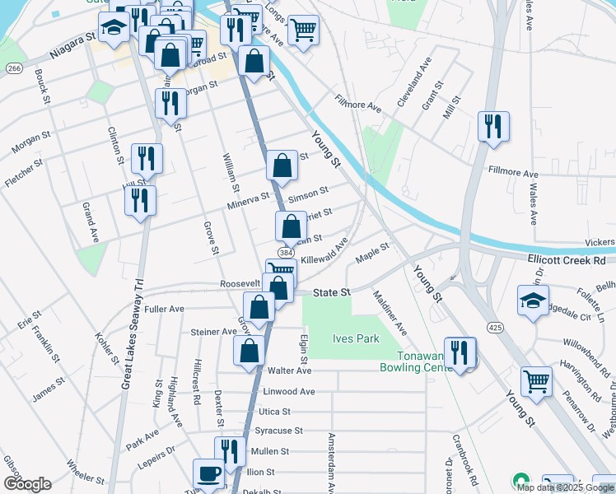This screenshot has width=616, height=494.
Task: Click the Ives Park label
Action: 355,338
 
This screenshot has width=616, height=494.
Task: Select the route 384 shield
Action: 285,252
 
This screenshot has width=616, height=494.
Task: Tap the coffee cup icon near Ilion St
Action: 208,473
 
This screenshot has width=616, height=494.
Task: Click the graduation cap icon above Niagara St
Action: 114,28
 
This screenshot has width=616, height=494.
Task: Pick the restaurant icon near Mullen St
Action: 230,451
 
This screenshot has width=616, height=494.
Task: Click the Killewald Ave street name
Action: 324,252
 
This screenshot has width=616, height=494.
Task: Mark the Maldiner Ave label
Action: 390,312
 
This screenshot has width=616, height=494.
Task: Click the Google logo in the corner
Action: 27,484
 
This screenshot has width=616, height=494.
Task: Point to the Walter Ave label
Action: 288,371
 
